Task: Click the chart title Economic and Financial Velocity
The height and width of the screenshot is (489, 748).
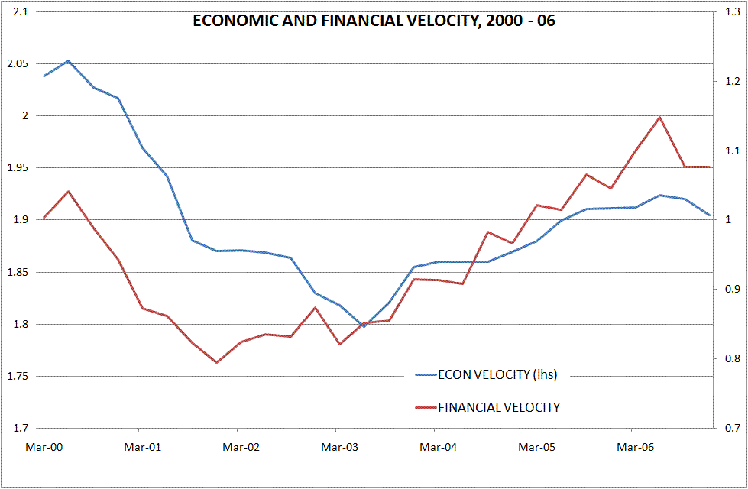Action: (x=374, y=21)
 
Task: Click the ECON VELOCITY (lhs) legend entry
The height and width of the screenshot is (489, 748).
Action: (x=497, y=374)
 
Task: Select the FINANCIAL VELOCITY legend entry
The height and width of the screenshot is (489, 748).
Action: (x=498, y=407)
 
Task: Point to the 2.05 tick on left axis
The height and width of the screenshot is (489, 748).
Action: (x=15, y=63)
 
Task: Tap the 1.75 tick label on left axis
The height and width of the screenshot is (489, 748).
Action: (x=15, y=377)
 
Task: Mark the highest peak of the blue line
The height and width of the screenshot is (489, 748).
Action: (x=68, y=60)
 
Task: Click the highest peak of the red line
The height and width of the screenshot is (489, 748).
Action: (x=659, y=117)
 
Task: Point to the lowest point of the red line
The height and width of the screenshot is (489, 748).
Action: (x=216, y=362)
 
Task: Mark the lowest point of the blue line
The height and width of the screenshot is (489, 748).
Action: (x=364, y=326)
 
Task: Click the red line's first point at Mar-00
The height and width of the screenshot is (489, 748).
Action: (x=44, y=218)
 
